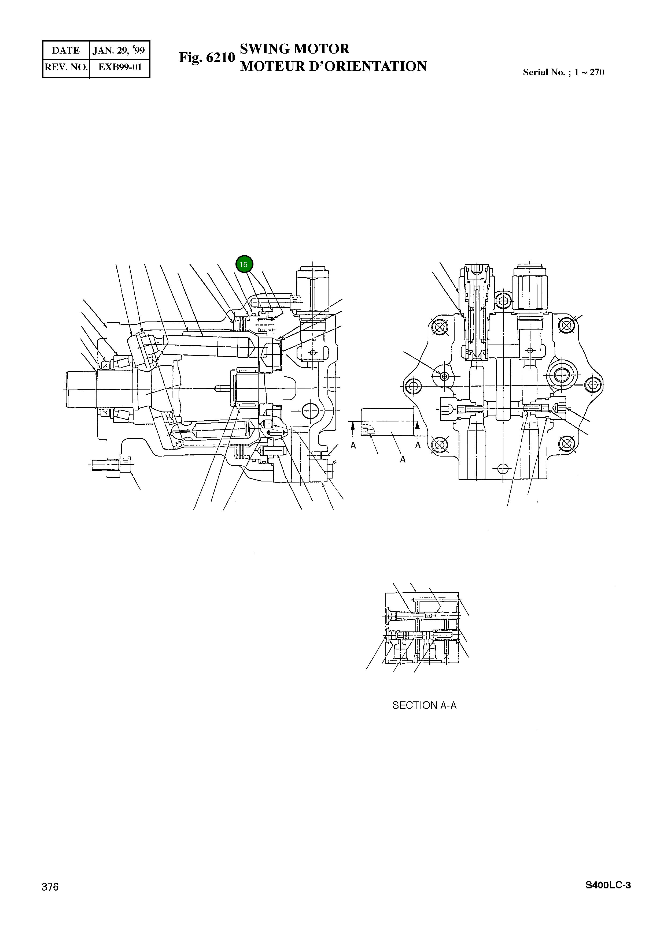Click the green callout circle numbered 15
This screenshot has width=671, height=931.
pyautogui.click(x=244, y=264)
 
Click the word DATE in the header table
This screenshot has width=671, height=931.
pyautogui.click(x=66, y=50)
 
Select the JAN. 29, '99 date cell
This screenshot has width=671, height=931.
pyautogui.click(x=119, y=50)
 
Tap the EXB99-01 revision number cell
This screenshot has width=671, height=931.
pyautogui.click(x=120, y=67)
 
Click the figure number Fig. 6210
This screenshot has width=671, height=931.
pyautogui.click(x=207, y=58)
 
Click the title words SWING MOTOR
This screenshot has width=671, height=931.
pyautogui.click(x=294, y=49)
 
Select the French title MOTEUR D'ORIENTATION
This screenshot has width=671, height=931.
pyautogui.click(x=333, y=66)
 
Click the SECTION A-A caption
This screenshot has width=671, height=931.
pyautogui.click(x=424, y=705)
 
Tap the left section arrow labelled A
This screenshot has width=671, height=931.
pyautogui.click(x=353, y=435)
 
